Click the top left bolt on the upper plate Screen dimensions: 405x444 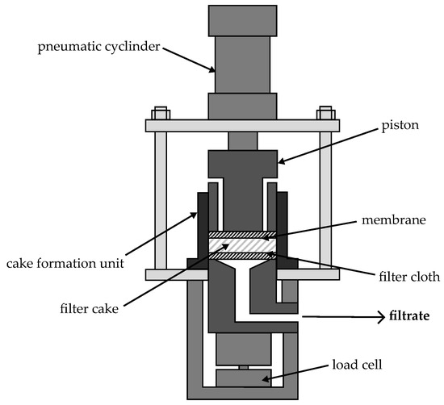point(158,112)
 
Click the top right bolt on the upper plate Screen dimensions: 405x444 point(326,112)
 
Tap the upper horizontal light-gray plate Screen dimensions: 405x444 point(242,125)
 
